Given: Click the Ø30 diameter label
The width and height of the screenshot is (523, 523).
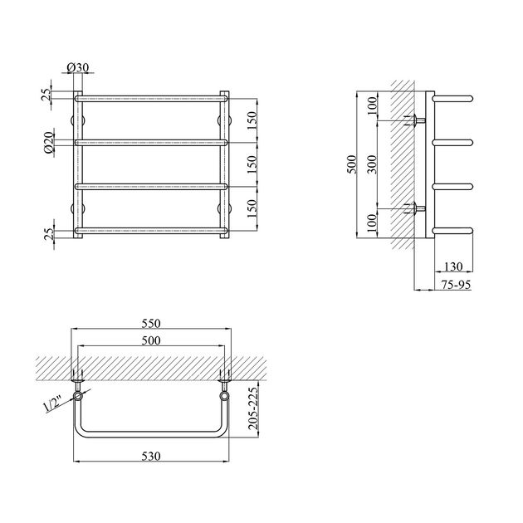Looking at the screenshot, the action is point(78,68).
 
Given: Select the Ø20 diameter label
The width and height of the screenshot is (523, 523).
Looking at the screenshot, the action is point(49,143).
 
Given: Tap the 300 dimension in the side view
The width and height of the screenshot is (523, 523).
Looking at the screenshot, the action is point(374,164).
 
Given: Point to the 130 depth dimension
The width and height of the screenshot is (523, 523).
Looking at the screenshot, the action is point(453,266).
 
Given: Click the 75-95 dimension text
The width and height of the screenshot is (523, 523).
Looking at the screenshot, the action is point(456,285).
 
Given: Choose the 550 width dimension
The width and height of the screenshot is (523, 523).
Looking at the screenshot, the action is point(151,323).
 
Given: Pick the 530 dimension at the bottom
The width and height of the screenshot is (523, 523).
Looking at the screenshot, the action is point(151,456).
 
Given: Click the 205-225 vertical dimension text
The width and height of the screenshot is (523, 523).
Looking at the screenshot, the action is point(253,408).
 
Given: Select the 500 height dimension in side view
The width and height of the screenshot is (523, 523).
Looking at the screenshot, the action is point(352,164).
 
